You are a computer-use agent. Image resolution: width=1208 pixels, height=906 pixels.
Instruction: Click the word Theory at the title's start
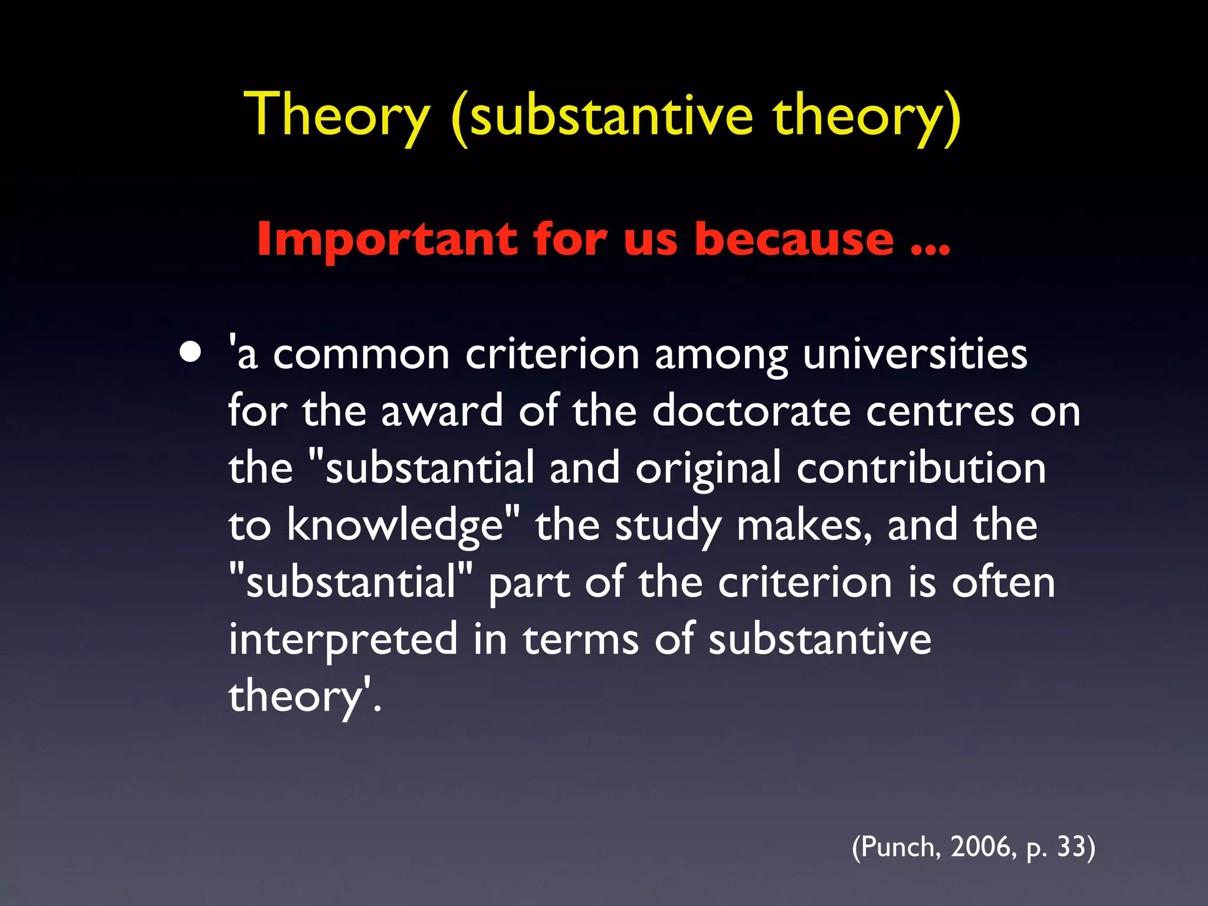[337, 115]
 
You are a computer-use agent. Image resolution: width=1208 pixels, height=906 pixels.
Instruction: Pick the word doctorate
[751, 411]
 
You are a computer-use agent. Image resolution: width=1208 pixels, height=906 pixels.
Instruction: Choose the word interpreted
[343, 639]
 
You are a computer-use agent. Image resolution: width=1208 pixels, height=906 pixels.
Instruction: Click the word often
[1003, 583]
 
